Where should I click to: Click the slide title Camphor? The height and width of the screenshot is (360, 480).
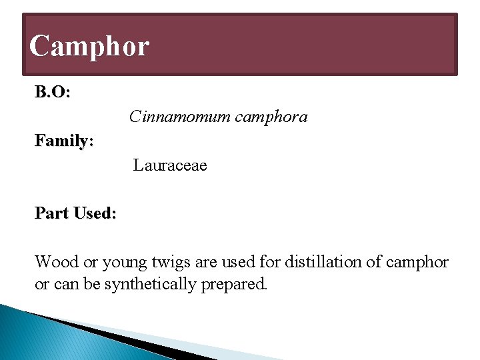coord(89,47)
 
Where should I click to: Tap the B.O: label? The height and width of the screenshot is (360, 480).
coord(53,93)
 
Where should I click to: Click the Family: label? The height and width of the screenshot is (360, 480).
coord(64,141)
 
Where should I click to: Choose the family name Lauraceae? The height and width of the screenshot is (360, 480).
coord(170,165)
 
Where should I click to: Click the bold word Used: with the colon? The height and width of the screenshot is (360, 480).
coord(95,213)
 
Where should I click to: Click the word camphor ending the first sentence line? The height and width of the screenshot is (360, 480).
coord(418,263)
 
